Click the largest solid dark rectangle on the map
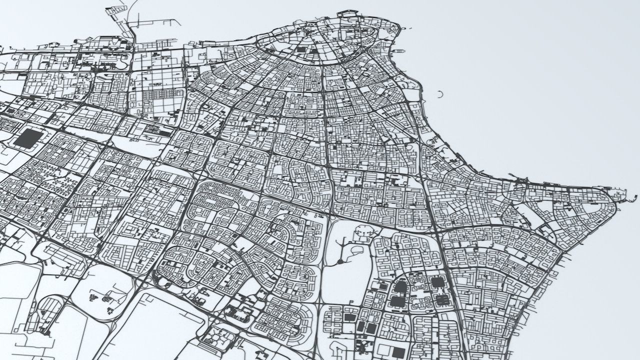click(29, 138)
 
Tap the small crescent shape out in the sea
click(440, 94)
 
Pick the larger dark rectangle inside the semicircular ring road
click(301, 49)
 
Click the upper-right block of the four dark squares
click(437, 282)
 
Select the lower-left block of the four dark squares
click(395, 301)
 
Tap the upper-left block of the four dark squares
click(400, 286)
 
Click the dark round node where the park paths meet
click(340, 261)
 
